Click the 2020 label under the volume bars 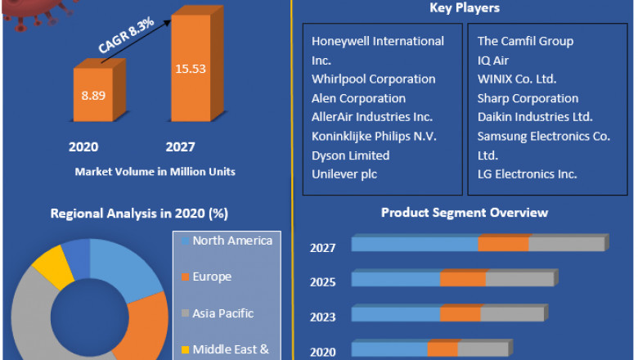click(x=83, y=147)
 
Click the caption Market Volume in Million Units click(x=155, y=172)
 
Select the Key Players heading click(x=465, y=8)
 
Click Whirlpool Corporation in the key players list click(x=373, y=79)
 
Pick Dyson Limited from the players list click(x=350, y=155)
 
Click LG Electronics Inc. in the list click(x=527, y=173)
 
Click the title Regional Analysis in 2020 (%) click(x=139, y=214)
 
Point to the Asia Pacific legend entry click(x=222, y=313)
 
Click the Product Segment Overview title click(x=465, y=213)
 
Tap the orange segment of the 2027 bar click(x=503, y=244)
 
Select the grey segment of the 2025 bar click(x=519, y=279)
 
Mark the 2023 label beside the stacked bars click(x=322, y=317)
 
